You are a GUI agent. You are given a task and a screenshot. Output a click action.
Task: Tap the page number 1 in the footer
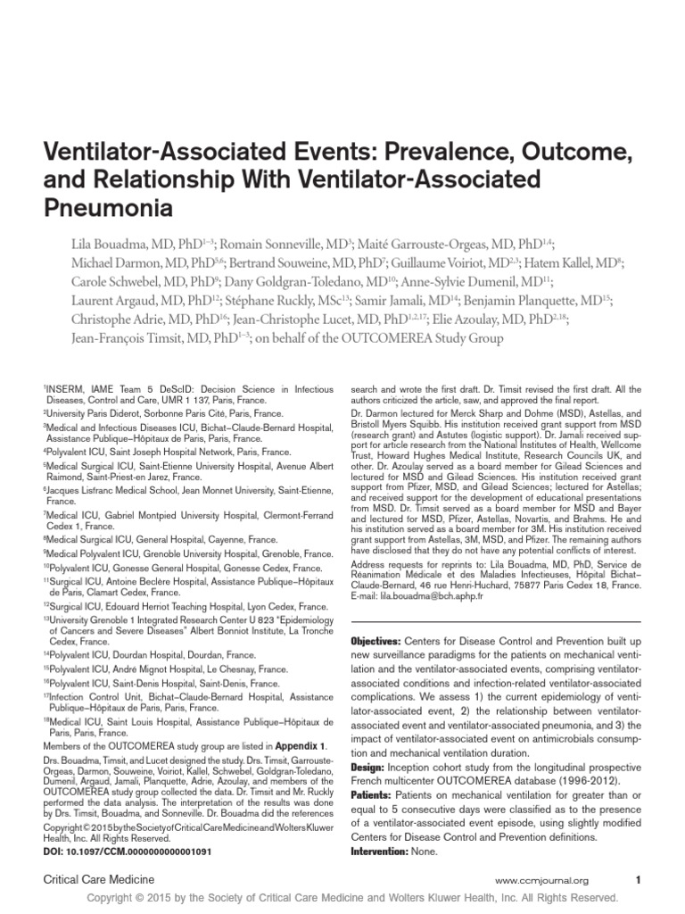click(x=638, y=880)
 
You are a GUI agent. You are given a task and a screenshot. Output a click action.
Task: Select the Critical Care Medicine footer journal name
click(x=95, y=880)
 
